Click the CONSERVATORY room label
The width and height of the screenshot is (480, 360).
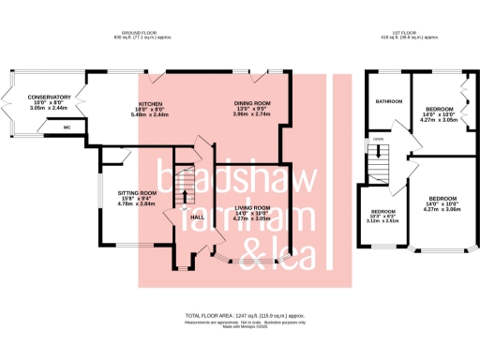(49, 97)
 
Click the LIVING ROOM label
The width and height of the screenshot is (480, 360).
(251, 207)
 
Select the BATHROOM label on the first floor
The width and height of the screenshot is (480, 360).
(389, 100)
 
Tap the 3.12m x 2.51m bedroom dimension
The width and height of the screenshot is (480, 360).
(382, 221)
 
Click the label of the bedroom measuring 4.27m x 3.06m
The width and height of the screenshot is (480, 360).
(442, 199)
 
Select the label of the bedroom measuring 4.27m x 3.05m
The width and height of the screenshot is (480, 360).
(439, 109)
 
